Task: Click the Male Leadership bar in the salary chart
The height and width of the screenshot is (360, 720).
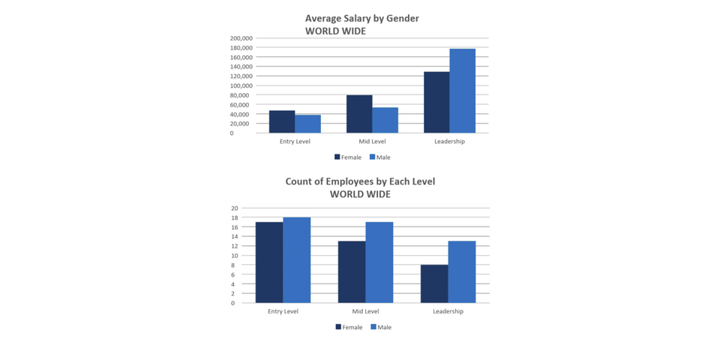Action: pos(462,91)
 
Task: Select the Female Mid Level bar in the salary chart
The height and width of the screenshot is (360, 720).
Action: pos(359,114)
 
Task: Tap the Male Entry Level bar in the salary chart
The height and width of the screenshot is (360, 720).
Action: pos(307,124)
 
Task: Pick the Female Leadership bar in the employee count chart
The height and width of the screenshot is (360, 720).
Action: pos(434,283)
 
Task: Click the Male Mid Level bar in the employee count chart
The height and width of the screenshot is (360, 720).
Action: pos(379,262)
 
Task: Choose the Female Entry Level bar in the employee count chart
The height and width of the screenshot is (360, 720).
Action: pos(269,262)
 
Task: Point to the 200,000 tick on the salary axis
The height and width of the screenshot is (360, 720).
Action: pos(241,38)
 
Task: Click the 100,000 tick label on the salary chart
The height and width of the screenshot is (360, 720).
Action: pos(241,85)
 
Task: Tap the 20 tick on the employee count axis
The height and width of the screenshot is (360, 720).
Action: pos(234,208)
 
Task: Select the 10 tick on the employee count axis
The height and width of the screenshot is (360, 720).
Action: pos(234,256)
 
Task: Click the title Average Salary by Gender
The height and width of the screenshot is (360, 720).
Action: pos(361,18)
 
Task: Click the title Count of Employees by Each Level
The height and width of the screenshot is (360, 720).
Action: pos(360,181)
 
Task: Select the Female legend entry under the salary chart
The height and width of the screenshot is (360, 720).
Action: pos(348,157)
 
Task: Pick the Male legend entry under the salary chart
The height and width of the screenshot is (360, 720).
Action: pos(380,157)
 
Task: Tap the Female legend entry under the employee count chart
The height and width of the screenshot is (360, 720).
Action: pos(349,327)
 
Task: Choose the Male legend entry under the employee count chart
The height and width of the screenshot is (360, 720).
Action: pos(381,327)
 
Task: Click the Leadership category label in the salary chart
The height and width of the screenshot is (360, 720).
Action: pos(449,142)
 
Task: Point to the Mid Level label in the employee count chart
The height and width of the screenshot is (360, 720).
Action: pos(365,311)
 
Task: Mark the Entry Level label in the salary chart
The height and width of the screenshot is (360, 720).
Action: pos(295,142)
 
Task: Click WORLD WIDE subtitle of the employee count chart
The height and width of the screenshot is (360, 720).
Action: pos(360,194)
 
